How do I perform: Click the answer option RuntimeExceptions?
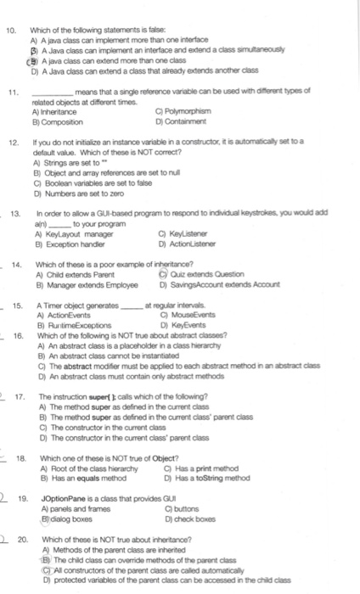pos(67,314)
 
